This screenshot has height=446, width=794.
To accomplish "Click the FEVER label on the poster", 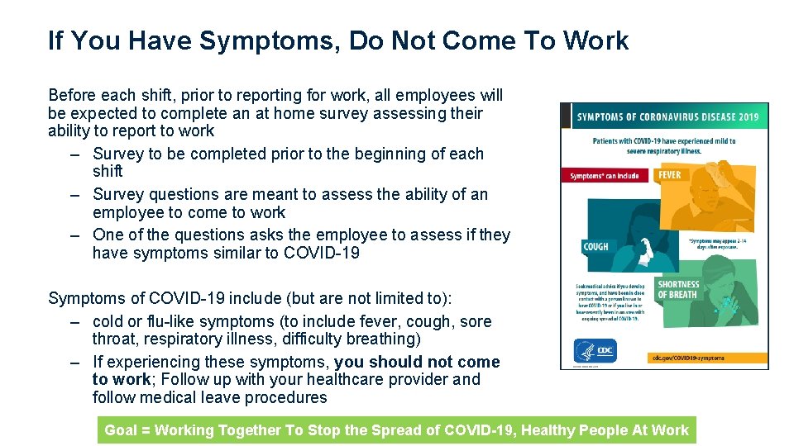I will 670,175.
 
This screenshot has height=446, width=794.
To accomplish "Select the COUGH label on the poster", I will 595,246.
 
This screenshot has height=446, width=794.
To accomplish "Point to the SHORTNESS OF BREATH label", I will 678,289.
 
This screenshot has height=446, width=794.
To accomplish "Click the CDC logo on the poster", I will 600,352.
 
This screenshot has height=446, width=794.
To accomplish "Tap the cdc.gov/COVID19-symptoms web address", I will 687,358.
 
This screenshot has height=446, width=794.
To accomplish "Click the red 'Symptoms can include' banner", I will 605,176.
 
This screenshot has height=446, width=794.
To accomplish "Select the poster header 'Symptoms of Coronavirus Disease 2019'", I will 667,116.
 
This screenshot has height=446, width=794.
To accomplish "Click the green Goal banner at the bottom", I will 396,429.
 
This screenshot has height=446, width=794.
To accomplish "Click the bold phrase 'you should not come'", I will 417,362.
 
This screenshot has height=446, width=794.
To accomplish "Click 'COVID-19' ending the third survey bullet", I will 322,253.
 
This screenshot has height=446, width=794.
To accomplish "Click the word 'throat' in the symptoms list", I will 114,339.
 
